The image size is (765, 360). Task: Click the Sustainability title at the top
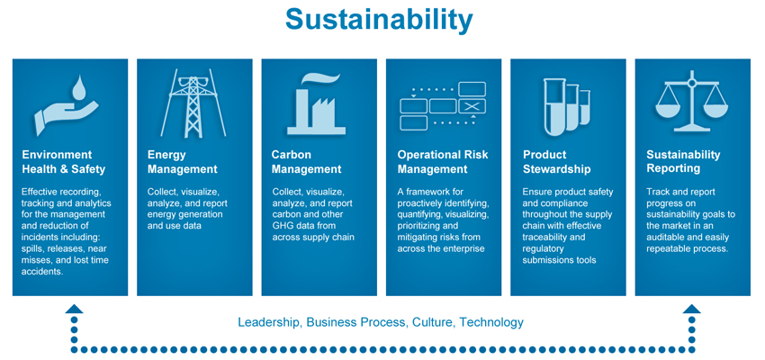(379, 21)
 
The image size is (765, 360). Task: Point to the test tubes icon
(567, 107)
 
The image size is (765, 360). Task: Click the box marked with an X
(472, 106)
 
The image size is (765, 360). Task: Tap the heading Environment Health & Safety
(63, 162)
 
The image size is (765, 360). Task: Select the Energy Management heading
(182, 162)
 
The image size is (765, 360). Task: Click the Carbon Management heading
(306, 162)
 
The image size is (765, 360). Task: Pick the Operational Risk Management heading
(443, 162)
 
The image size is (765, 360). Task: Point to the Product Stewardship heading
(557, 162)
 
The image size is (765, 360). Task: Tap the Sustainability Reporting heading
(683, 162)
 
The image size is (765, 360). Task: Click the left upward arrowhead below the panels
(74, 310)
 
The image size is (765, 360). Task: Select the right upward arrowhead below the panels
(691, 310)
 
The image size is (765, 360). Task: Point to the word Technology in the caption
(491, 323)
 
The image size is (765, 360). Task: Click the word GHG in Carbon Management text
(283, 226)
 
